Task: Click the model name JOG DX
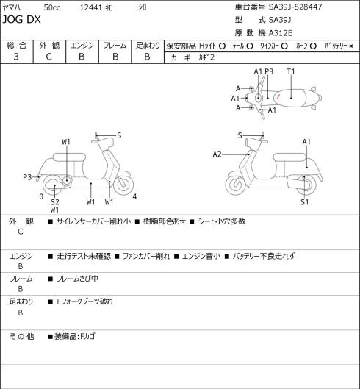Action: click(21, 19)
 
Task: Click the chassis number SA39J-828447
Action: click(295, 7)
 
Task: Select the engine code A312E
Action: click(281, 33)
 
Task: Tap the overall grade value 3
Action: click(16, 57)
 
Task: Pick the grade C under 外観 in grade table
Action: click(48, 57)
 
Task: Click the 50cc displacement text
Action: click(52, 7)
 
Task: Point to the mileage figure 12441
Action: click(91, 7)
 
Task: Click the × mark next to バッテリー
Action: click(351, 46)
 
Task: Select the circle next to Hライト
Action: click(222, 46)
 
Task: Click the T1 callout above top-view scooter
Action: click(291, 71)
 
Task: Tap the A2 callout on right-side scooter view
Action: click(217, 154)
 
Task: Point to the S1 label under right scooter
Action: click(304, 202)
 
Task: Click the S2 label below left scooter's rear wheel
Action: click(55, 202)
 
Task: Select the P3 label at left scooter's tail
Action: click(27, 177)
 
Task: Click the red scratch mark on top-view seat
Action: click(278, 96)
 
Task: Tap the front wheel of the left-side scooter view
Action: click(123, 184)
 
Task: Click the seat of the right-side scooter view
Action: click(289, 157)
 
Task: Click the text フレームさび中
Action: click(77, 279)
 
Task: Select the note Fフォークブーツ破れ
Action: click(84, 301)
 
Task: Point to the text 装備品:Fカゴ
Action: click(75, 337)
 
